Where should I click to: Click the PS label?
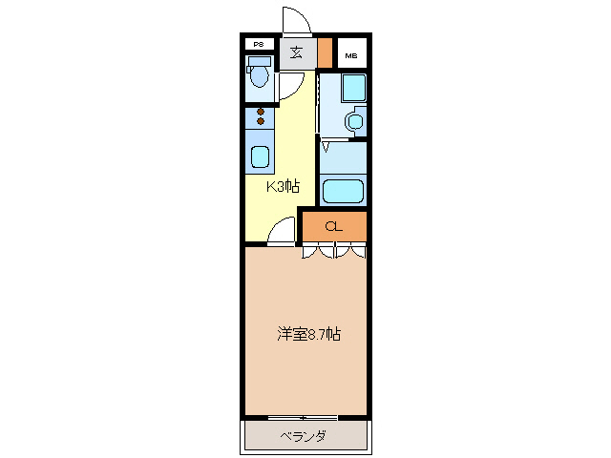click(258, 44)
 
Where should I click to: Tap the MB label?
click(352, 53)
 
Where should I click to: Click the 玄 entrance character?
click(297, 52)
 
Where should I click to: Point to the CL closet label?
click(333, 227)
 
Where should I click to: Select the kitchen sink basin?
click(260, 156)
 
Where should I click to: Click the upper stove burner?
click(260, 112)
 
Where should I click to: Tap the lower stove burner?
click(260, 122)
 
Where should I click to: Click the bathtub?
click(344, 190)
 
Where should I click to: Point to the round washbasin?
click(354, 121)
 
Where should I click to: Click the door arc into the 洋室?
click(281, 232)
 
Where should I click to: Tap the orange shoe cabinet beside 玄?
click(326, 52)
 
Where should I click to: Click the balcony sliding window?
click(303, 418)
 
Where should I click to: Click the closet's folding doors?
click(333, 252)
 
